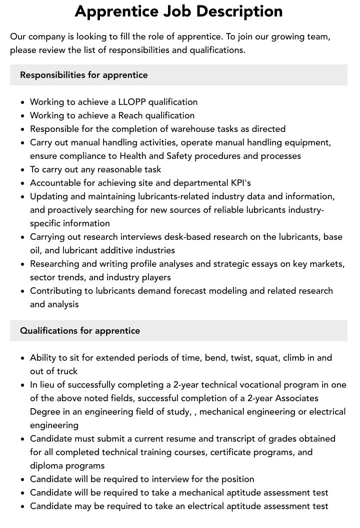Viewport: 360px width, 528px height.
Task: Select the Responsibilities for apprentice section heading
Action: (84, 75)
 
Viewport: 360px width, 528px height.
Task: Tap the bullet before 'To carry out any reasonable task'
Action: (22, 170)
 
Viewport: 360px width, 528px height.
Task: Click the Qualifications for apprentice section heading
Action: (80, 331)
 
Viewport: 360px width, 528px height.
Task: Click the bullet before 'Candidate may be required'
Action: (22, 507)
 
